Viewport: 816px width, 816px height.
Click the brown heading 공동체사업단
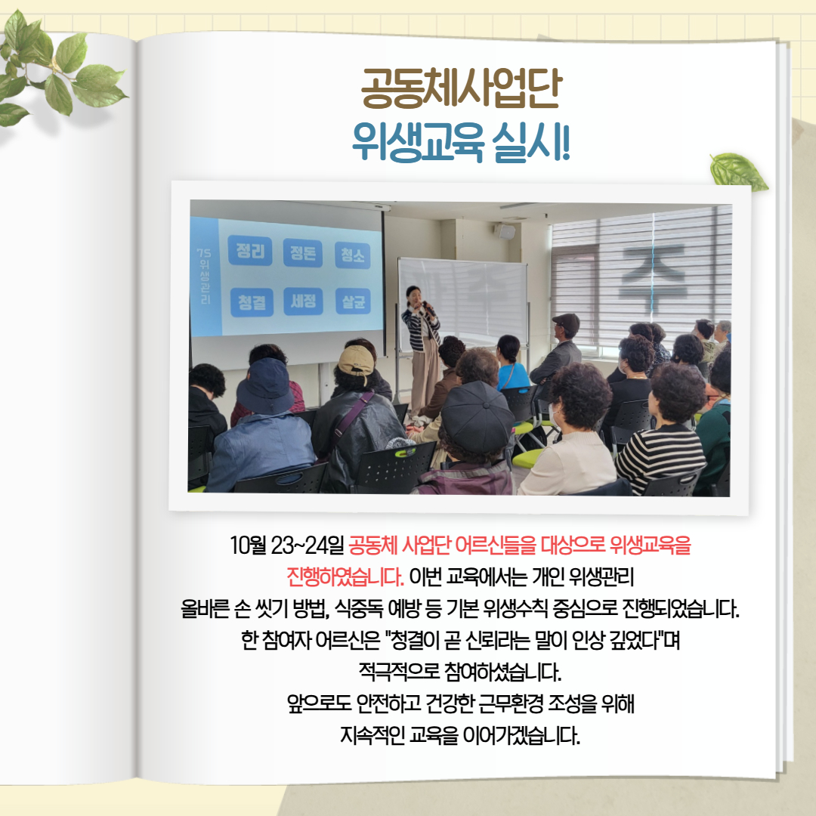(461, 88)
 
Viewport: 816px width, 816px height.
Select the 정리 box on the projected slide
(250, 251)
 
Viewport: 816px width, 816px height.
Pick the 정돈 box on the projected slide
(302, 253)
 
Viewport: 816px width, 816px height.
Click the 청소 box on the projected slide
(352, 255)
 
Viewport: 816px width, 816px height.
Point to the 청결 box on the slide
(252, 302)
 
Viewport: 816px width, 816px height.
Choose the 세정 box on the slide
(303, 301)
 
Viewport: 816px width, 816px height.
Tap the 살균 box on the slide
(353, 301)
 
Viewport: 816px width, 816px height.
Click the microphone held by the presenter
(429, 308)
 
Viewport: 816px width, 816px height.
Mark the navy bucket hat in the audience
(265, 386)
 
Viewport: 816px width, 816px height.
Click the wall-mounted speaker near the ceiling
(504, 230)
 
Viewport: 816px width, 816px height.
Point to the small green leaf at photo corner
(738, 172)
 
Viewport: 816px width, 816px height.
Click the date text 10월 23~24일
(287, 545)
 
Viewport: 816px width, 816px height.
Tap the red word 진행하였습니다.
(345, 576)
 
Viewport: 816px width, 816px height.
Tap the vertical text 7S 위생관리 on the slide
(203, 276)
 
